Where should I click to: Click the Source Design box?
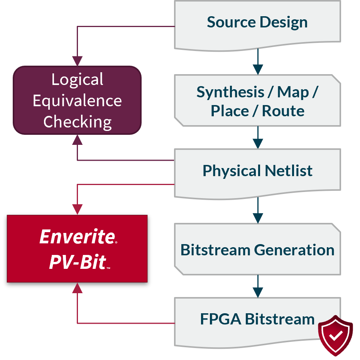(x=257, y=22)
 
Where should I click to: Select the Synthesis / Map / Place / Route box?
(x=257, y=101)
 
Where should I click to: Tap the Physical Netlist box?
(x=257, y=170)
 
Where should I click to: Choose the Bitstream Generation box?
(x=257, y=250)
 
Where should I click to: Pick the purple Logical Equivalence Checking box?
(x=77, y=100)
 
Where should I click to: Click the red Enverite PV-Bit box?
(x=77, y=248)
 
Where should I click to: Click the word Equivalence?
(x=77, y=101)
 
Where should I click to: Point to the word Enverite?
(x=77, y=237)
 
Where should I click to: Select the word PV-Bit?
(x=77, y=262)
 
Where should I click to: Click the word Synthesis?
(x=230, y=92)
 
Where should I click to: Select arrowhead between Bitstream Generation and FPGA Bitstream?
(x=258, y=292)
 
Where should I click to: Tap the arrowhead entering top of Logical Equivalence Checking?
(x=78, y=61)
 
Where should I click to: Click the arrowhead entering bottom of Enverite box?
(x=78, y=288)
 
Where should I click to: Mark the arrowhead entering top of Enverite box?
(x=78, y=209)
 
